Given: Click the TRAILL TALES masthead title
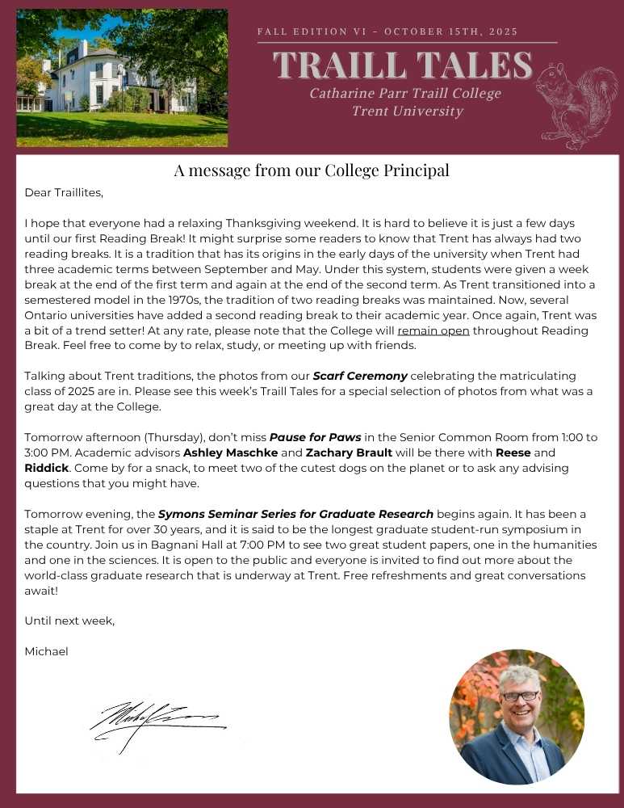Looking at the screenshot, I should tap(403, 65).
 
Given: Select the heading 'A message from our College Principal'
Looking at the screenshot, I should tap(312, 170).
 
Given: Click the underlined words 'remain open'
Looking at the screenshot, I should tap(433, 330).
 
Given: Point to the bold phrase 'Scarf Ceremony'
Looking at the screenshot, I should tap(360, 376).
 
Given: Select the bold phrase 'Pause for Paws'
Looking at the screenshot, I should tap(315, 437).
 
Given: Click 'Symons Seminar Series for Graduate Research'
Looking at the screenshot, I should tap(296, 514).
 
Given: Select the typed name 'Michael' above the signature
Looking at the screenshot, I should tap(47, 651).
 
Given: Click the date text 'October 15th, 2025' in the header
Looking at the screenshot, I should tap(451, 32).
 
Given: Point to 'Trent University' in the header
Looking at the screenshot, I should tap(407, 111).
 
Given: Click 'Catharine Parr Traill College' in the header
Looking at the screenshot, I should tap(405, 93).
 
